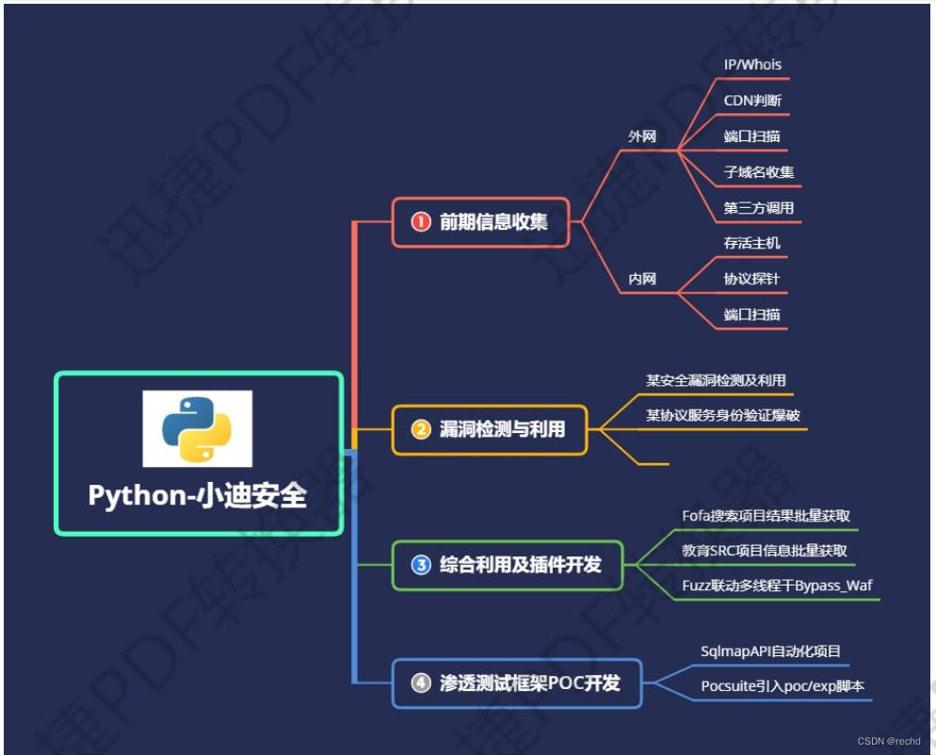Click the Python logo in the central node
point(197,428)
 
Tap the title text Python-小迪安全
point(198,496)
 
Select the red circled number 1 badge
point(421,222)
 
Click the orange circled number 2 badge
point(421,429)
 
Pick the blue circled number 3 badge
point(421,565)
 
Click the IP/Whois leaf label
point(752,65)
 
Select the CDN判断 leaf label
point(751,101)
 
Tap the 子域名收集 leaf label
point(759,172)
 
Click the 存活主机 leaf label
point(751,243)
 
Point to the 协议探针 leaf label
point(751,279)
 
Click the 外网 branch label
point(642,136)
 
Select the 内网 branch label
point(642,279)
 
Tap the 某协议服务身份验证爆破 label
point(723,415)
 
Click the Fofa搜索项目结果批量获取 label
point(767,516)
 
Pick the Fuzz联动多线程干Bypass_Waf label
point(777,586)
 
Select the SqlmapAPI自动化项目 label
point(770,651)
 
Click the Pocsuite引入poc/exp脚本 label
point(782,685)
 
